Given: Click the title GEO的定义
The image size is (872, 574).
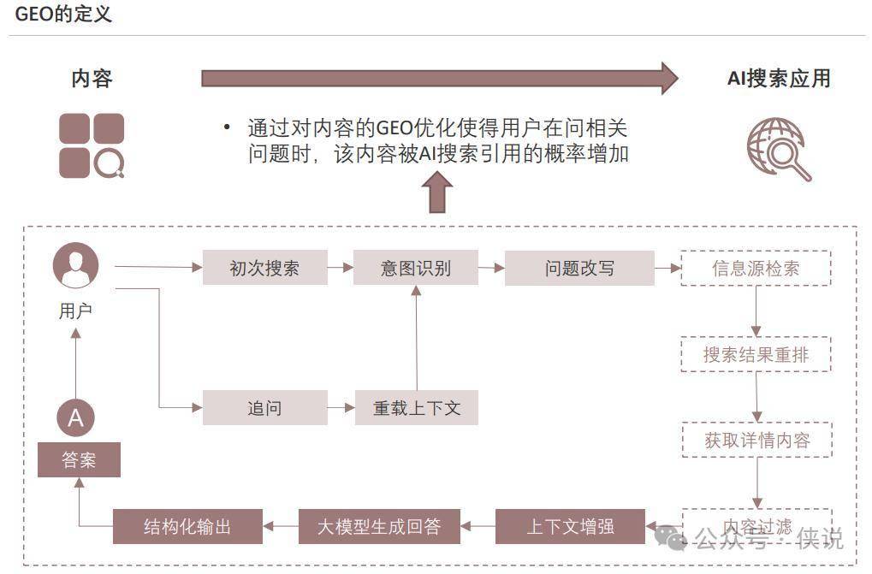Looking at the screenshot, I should point(63,15).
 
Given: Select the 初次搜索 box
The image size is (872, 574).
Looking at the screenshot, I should point(264,268).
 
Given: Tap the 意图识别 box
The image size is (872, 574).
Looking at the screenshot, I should point(416,268).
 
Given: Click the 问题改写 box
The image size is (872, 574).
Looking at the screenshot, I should point(579,268).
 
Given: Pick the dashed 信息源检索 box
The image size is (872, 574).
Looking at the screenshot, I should point(756,268).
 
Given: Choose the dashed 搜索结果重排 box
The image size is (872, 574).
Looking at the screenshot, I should point(756,354).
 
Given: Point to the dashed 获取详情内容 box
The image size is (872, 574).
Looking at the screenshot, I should point(756,440).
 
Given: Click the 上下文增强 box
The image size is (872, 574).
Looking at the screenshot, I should point(570,526).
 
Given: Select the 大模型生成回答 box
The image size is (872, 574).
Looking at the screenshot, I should point(379,526).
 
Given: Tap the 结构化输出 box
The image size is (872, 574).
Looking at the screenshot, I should point(187,526).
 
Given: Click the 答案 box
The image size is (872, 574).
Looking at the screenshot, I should point(79,460).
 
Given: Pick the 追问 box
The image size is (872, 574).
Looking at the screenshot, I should point(264,407).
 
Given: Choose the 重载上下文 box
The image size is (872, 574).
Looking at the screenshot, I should point(416,407).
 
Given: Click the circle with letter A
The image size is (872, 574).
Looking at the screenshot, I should point(75,418).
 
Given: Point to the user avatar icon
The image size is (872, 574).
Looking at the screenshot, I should point(75,265).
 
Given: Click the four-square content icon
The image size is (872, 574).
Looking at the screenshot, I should point(92,145).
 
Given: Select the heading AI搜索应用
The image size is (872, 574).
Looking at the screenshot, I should point(779,79).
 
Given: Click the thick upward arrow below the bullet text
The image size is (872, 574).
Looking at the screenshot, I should point(438,192).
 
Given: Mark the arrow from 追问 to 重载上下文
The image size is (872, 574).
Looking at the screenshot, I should point(341,408).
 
